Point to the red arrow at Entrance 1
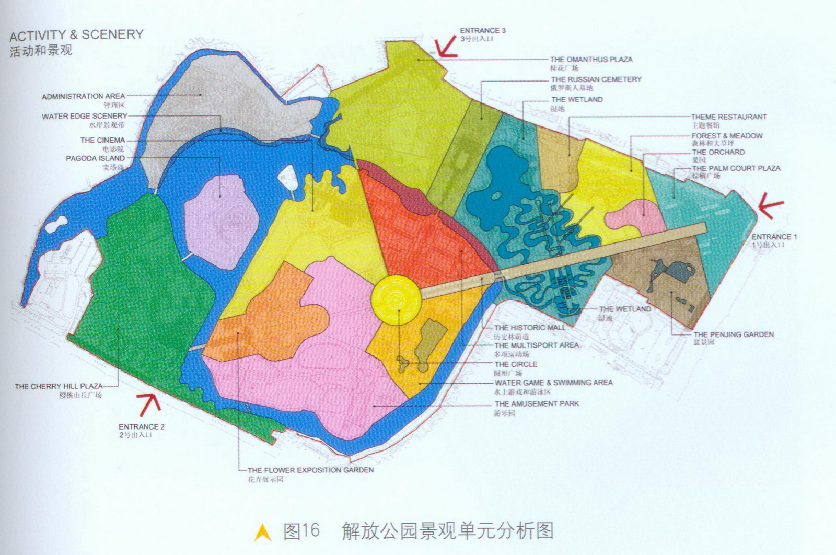coord(771,205)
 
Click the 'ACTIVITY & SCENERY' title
coord(76,35)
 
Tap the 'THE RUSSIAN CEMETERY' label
coord(596,79)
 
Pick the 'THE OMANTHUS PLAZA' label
coord(591,60)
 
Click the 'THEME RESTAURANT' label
coord(728,117)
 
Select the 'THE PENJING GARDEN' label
coord(733,334)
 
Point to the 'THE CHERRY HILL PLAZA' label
coord(59,386)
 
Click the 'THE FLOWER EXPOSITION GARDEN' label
coord(310,470)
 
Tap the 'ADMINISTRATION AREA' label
coord(84,96)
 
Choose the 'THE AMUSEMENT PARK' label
coord(537,403)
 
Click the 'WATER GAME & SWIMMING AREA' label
coord(553,383)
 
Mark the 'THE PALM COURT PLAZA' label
coord(736,168)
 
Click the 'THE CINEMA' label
coord(102,140)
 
